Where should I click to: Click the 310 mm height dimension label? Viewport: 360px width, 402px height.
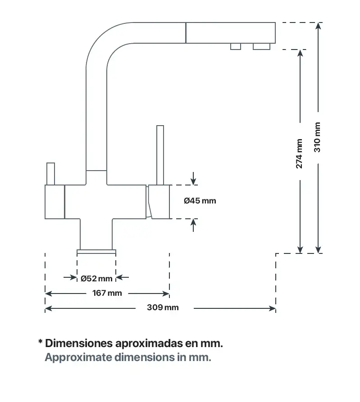click(x=318, y=137)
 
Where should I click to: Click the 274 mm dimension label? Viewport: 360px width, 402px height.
click(x=300, y=154)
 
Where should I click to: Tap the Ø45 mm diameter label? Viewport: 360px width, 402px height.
click(x=200, y=201)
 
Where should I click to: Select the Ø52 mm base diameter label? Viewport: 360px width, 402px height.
click(x=96, y=278)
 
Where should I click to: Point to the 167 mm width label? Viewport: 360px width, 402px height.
click(x=107, y=294)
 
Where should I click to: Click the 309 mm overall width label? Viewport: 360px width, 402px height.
click(x=163, y=308)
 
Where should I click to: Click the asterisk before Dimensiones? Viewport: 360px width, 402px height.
click(x=41, y=343)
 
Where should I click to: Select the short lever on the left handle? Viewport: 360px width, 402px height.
click(x=50, y=173)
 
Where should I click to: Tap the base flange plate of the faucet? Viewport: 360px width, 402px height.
click(x=96, y=251)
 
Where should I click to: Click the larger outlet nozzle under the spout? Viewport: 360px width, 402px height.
click(x=261, y=46)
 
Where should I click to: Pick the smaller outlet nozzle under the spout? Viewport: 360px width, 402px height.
click(x=236, y=46)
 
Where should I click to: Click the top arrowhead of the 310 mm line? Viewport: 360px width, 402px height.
click(x=319, y=25)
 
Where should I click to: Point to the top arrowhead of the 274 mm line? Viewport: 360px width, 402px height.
click(x=300, y=52)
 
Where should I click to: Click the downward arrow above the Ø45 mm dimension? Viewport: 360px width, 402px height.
click(x=194, y=181)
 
